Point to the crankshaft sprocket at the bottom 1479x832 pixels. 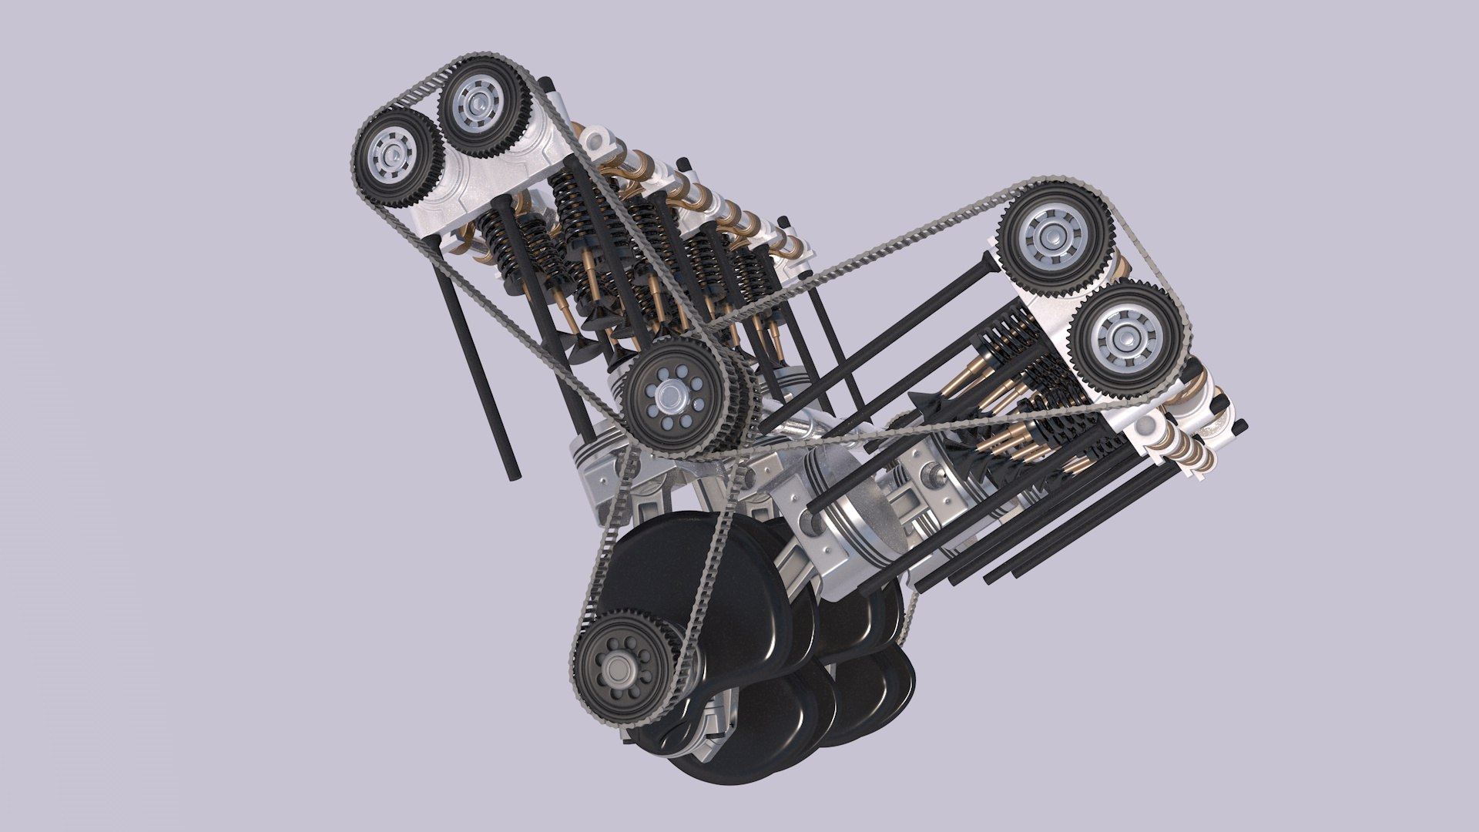tap(624, 665)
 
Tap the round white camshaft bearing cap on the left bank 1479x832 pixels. tap(596, 142)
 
